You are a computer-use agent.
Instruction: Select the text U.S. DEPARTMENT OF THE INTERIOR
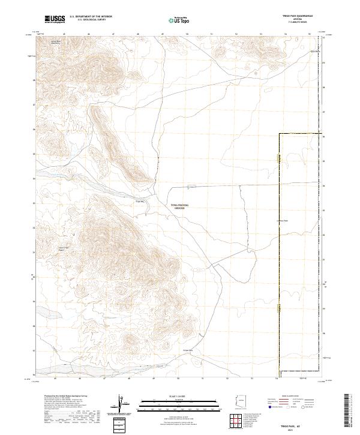91,16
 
